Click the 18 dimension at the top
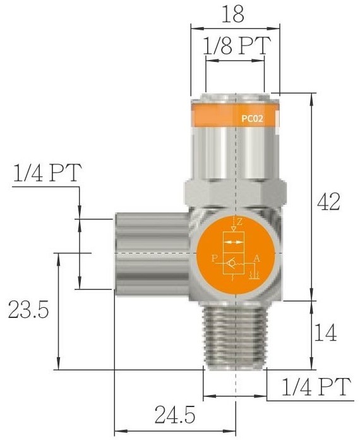(232, 14)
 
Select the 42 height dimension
(328, 202)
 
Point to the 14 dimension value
(326, 332)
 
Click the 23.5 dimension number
(28, 309)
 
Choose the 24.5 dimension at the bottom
(175, 415)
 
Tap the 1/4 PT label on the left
(47, 173)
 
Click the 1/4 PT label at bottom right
(316, 387)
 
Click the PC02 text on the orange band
(252, 118)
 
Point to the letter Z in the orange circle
(239, 222)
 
